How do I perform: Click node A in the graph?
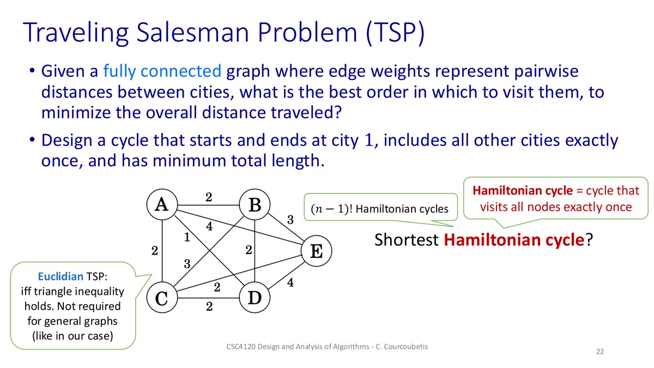point(162,204)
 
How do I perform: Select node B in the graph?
point(255,204)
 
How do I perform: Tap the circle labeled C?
point(162,298)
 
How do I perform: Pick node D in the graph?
point(255,298)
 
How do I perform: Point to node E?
point(317,251)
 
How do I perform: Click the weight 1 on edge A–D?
point(187,237)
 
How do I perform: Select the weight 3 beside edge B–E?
point(290,220)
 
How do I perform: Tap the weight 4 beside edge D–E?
point(290,282)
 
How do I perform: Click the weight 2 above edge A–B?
point(208,197)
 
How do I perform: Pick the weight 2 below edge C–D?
point(209,306)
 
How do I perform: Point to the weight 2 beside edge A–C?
point(155,251)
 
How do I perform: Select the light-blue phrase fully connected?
point(162,71)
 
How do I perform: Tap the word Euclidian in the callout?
point(60,276)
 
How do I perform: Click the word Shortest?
point(406,240)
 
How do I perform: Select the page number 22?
point(600,352)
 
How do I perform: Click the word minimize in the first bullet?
point(76,112)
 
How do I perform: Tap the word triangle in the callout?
point(57,292)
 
